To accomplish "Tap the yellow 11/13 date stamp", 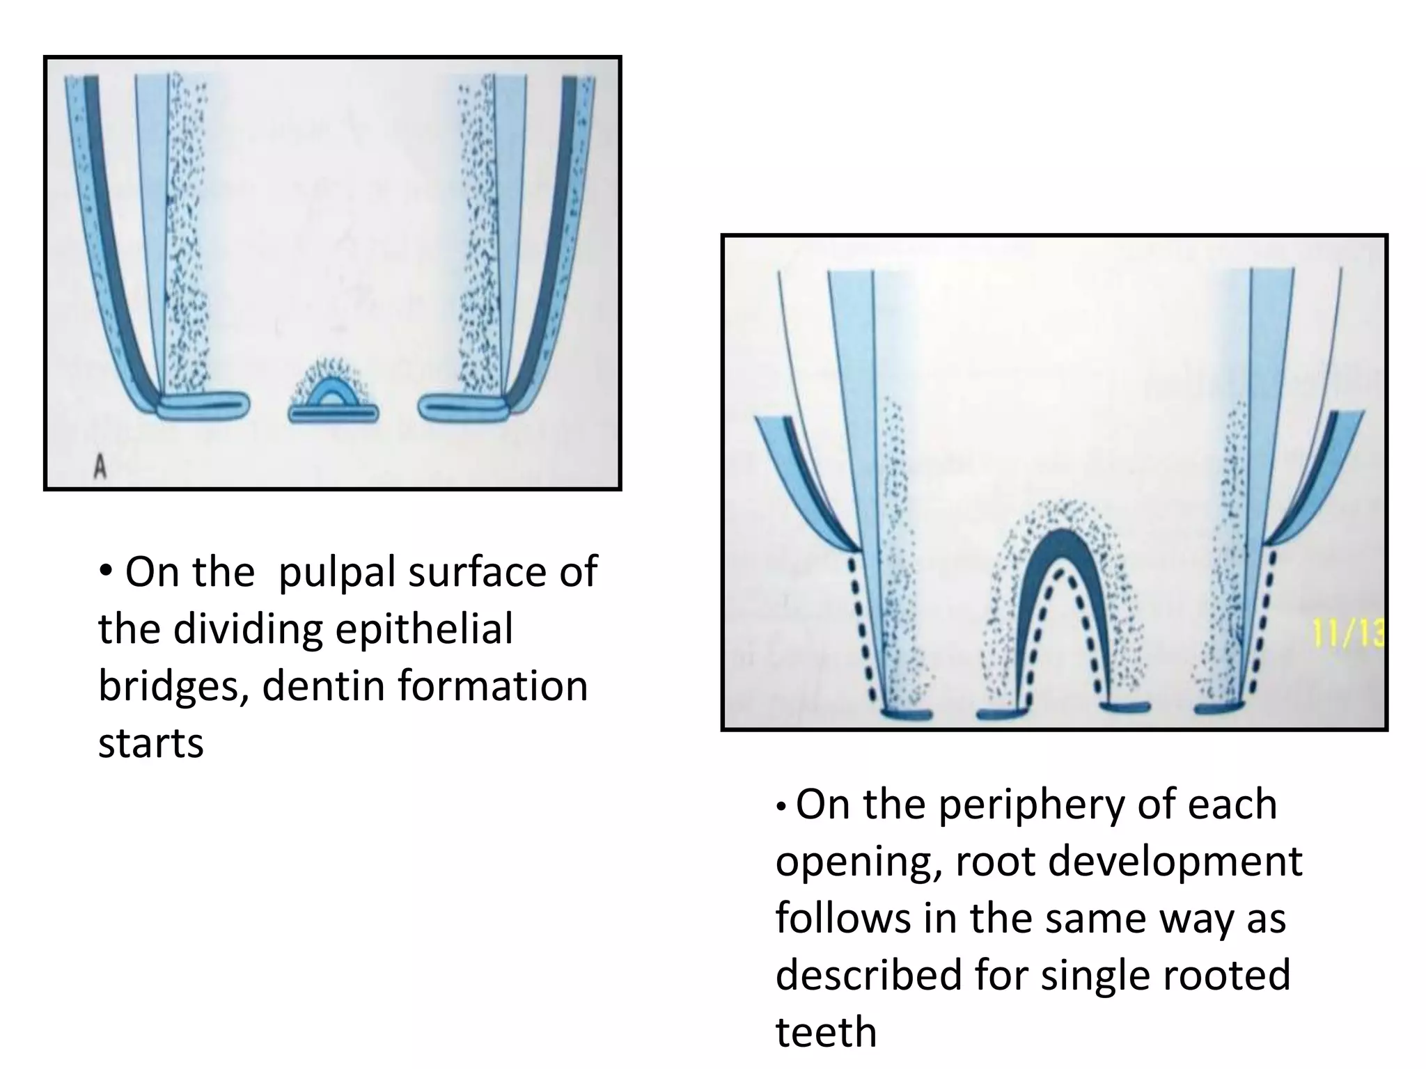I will point(1348,635).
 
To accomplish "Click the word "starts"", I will point(150,743).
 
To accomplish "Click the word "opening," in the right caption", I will point(859,863).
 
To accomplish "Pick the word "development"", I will point(1175,862).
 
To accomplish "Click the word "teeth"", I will point(826,1031).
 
